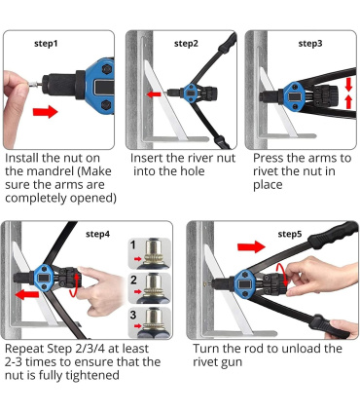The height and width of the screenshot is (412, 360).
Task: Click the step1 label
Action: (x=46, y=44)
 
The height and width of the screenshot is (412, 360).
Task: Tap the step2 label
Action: (x=186, y=44)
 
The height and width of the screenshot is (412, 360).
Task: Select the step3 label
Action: (x=310, y=44)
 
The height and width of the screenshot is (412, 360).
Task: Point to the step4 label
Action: (x=97, y=234)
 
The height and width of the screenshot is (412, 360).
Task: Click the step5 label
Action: (x=290, y=234)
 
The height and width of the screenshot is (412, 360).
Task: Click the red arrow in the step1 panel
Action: (x=45, y=112)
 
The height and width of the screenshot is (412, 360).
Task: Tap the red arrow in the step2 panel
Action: (x=154, y=94)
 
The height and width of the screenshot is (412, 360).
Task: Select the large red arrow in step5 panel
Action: (x=251, y=246)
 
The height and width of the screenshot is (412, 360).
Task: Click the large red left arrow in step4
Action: (x=27, y=295)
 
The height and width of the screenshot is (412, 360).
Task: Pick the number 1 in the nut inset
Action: (x=133, y=244)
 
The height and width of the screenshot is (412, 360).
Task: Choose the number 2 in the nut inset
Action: (x=133, y=280)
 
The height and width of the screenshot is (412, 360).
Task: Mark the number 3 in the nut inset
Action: (x=133, y=315)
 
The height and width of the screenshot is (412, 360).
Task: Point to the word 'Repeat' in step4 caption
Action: (x=24, y=349)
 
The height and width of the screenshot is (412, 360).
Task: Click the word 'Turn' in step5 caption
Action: (x=206, y=349)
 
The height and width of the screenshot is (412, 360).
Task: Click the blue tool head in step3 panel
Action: (x=294, y=96)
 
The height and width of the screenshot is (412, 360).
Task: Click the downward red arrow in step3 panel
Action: (x=348, y=84)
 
